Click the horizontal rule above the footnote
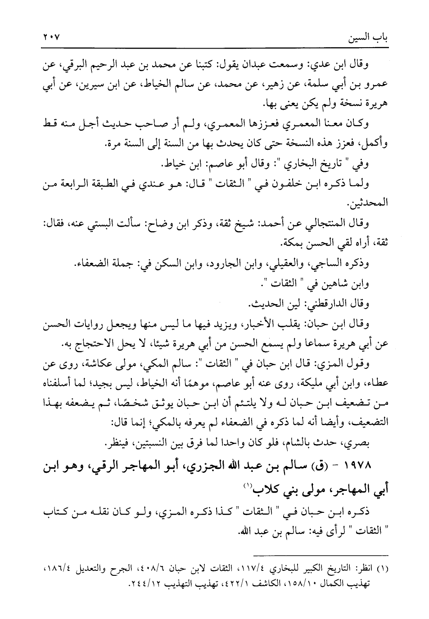point(320,556)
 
